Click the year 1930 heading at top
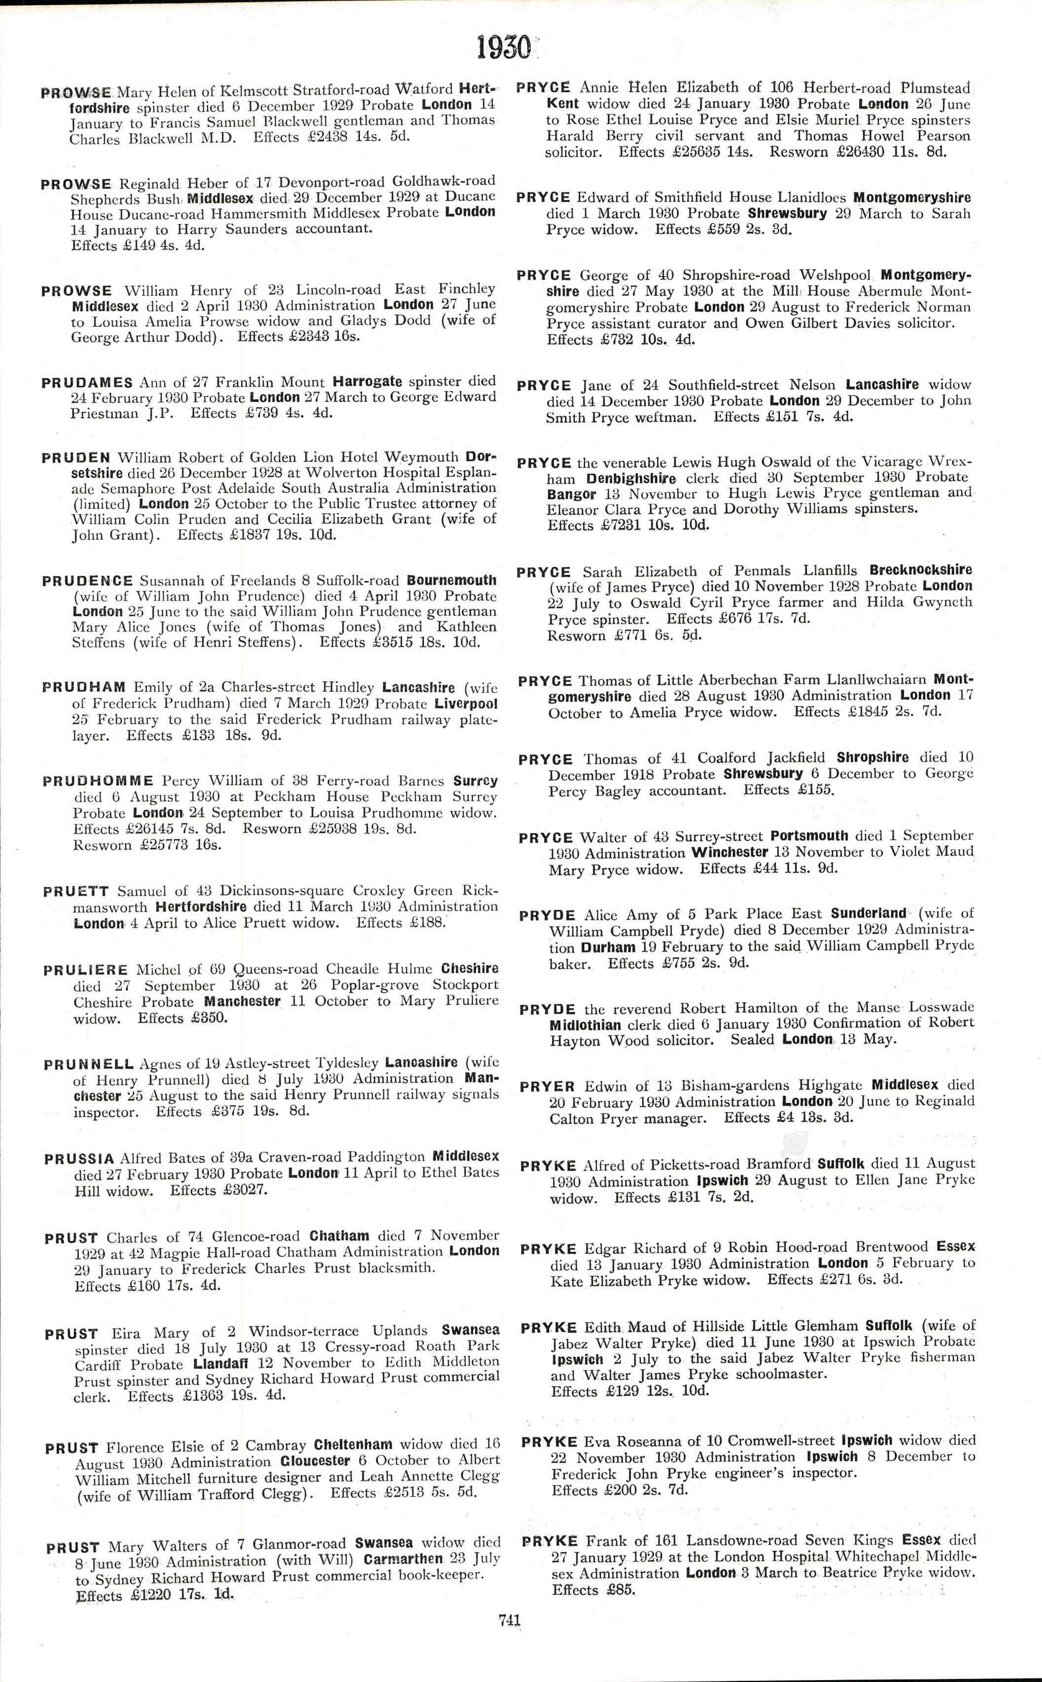pos(504,48)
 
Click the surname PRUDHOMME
pos(98,781)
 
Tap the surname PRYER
pos(547,1086)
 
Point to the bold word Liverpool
pos(465,704)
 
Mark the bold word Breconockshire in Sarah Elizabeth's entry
pos(920,570)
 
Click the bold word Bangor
pos(571,494)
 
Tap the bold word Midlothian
pos(585,1025)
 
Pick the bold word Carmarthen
pos(403,1559)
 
